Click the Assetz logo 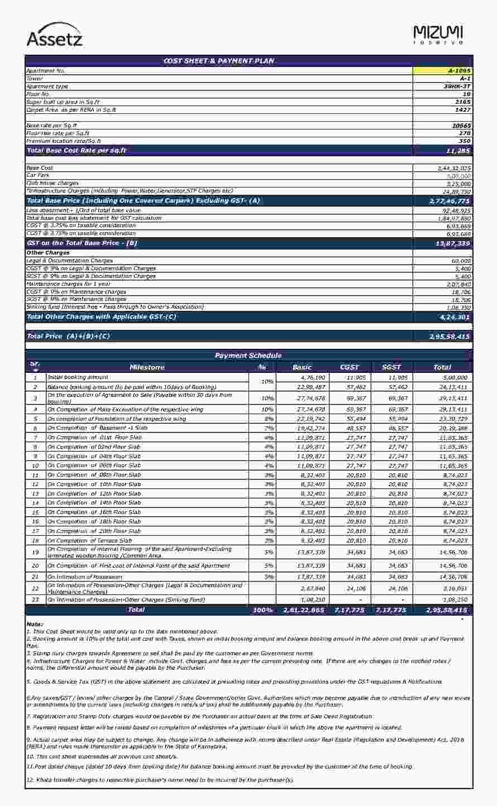(55, 35)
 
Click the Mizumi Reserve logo (438, 35)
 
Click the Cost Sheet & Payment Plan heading (218, 61)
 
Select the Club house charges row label (52, 183)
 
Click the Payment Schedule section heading (248, 356)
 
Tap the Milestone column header (147, 367)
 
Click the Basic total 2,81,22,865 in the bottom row (304, 611)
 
